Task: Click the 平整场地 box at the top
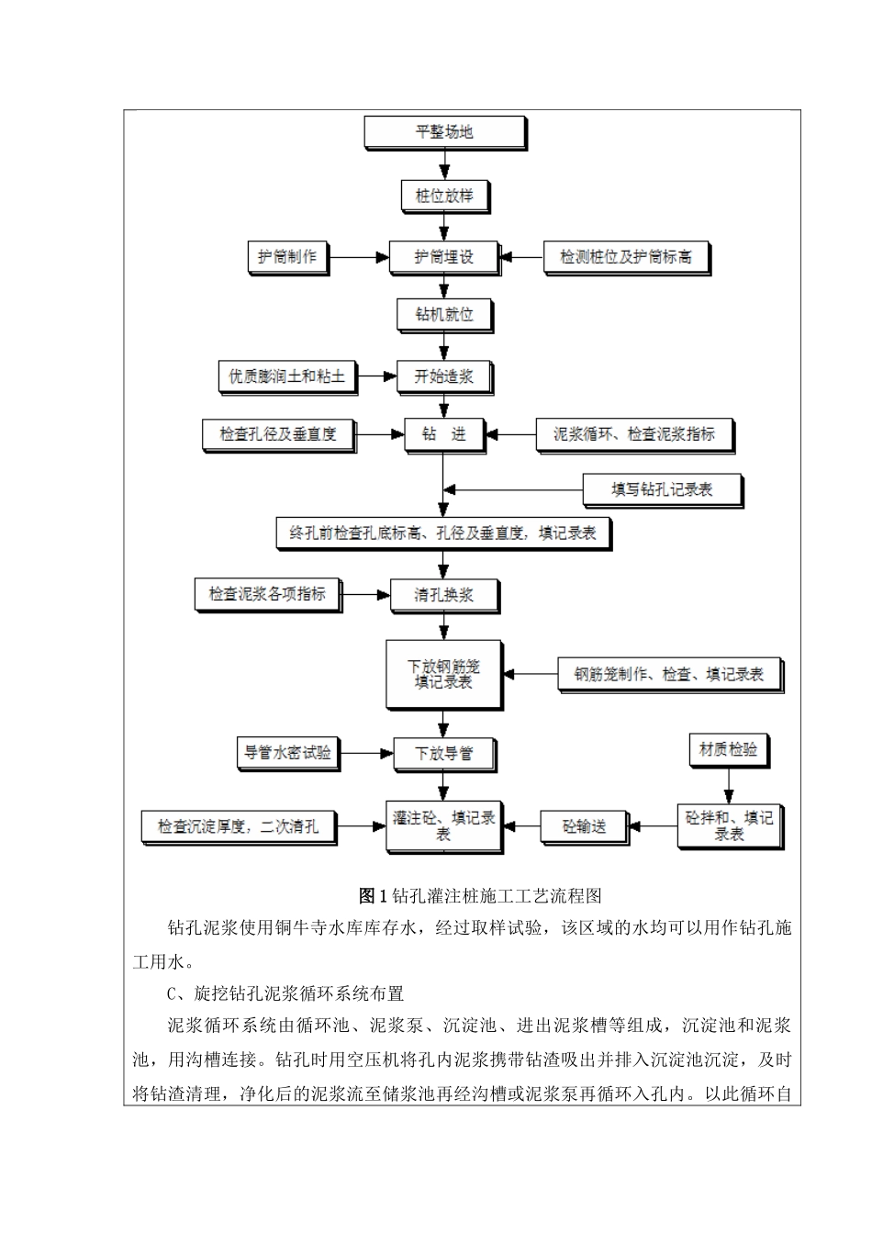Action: pos(444,132)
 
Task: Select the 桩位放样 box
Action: pos(444,196)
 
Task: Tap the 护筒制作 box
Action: pos(287,257)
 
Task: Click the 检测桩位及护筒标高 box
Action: pos(626,257)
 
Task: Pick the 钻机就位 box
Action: pos(444,315)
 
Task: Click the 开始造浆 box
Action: pos(444,376)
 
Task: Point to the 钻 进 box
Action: pos(444,434)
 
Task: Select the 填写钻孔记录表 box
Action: pos(662,490)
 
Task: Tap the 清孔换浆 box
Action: pos(444,595)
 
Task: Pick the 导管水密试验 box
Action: pos(287,753)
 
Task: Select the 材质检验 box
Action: pos(728,750)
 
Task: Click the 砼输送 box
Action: pos(584,826)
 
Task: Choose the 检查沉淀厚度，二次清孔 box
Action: pos(239,826)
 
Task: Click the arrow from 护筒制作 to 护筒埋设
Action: pos(359,258)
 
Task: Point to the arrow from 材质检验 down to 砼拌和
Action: pos(729,786)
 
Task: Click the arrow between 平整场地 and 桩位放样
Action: pos(445,164)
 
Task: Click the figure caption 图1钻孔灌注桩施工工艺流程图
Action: pos(480,895)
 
